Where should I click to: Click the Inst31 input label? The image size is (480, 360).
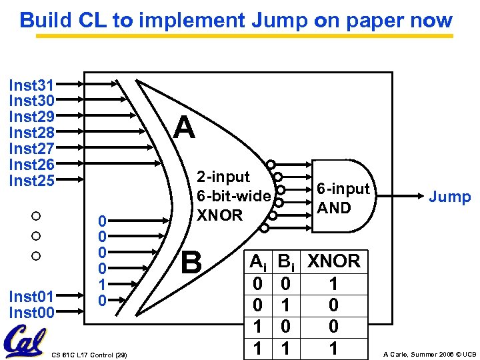click(31, 85)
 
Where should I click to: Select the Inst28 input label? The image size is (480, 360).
click(31, 133)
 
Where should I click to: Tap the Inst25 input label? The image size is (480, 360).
click(31, 181)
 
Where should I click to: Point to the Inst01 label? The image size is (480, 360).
click(31, 295)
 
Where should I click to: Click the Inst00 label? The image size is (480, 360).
click(31, 311)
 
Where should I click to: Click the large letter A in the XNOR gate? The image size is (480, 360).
click(184, 128)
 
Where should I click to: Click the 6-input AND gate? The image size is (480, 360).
click(341, 197)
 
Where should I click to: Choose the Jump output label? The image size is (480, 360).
click(449, 197)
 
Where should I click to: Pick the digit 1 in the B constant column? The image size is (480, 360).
click(101, 285)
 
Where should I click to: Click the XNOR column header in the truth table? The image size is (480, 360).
click(333, 261)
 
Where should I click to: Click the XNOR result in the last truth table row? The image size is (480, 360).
click(333, 348)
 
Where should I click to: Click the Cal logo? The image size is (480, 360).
click(25, 343)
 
